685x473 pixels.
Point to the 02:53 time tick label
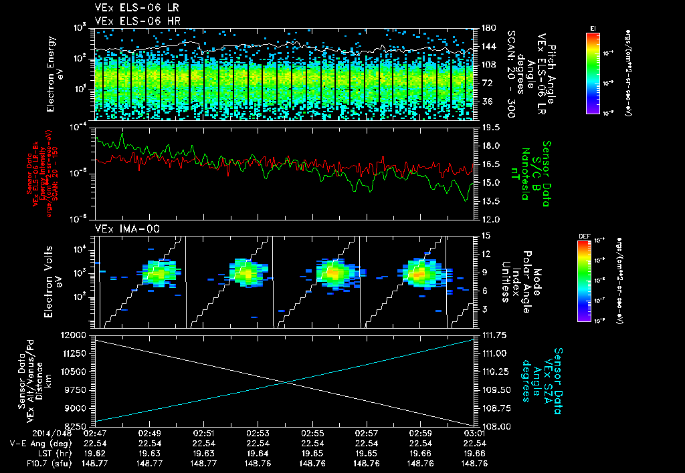(x=258, y=433)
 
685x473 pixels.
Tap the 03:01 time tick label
(x=474, y=433)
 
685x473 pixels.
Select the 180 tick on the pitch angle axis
(x=488, y=28)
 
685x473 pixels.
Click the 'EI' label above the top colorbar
(x=593, y=27)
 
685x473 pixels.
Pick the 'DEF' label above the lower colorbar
(x=584, y=236)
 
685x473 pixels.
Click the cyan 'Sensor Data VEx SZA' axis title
(x=542, y=379)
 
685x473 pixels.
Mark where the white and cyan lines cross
(x=286, y=381)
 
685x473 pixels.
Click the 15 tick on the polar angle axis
(x=485, y=236)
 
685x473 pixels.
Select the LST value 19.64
(x=258, y=453)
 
